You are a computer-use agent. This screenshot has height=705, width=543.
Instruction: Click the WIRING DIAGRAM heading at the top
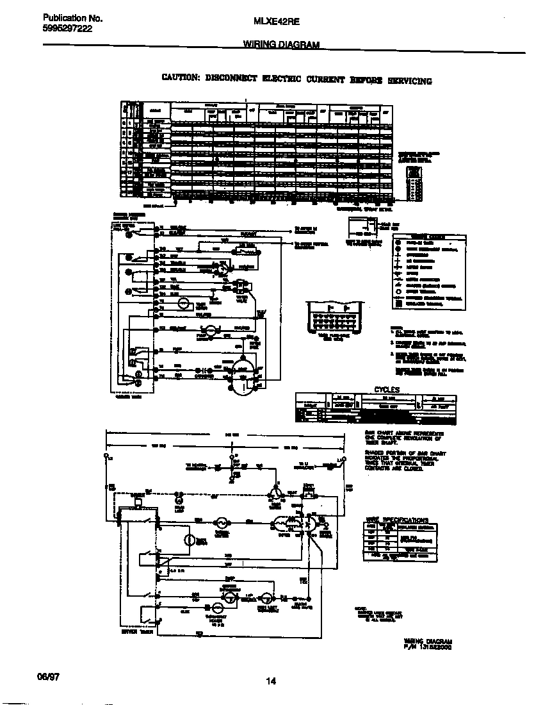(281, 45)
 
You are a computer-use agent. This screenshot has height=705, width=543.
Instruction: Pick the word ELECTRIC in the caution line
(282, 79)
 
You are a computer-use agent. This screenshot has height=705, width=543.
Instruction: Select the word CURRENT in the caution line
(325, 79)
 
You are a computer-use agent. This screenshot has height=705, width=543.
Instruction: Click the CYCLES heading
(386, 389)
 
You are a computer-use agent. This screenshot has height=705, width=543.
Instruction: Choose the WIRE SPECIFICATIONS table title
(397, 520)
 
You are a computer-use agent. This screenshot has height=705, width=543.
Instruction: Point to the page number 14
(271, 681)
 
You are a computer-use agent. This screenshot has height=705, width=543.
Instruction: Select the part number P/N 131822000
(428, 647)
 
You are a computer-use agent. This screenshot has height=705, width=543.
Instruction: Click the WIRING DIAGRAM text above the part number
(428, 641)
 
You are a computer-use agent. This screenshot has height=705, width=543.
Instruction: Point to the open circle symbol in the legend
(398, 292)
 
